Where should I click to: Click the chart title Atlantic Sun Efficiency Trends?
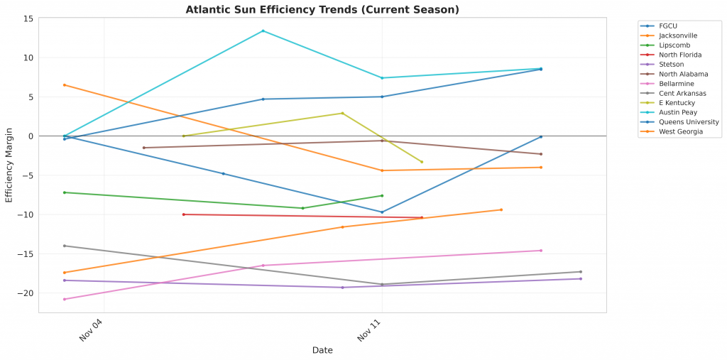tap(322, 10)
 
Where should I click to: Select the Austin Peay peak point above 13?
tap(263, 31)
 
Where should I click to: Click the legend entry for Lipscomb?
tap(674, 45)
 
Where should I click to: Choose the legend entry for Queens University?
tap(689, 122)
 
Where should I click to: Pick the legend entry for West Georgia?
tap(681, 131)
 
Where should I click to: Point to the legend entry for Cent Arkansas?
tap(682, 93)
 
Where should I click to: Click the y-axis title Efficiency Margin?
tap(9, 165)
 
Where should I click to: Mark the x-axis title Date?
tap(322, 350)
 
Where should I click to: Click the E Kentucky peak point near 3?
tap(343, 113)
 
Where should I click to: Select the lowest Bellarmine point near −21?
tap(65, 299)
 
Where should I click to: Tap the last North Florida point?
tap(422, 217)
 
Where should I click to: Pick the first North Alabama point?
tap(144, 148)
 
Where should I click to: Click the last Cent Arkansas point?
tap(581, 272)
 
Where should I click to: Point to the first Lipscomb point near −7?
tap(65, 192)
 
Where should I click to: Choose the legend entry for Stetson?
tap(672, 65)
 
